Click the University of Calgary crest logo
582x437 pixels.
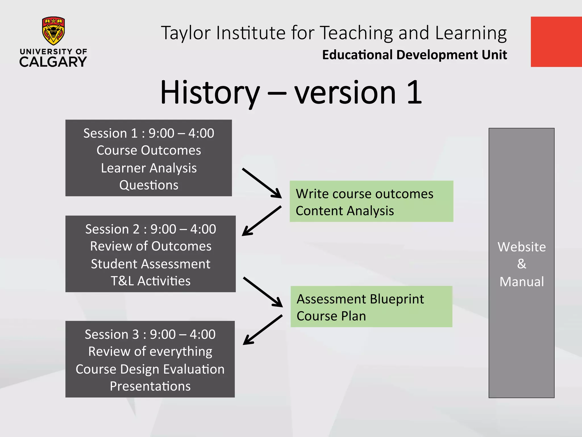pyautogui.click(x=53, y=31)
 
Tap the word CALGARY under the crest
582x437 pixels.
pyautogui.click(x=53, y=62)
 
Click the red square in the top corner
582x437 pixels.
pyautogui.click(x=556, y=42)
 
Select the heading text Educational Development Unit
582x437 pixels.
pyautogui.click(x=414, y=55)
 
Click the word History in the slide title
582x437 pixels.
pyautogui.click(x=210, y=92)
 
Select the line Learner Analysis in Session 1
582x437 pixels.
pyautogui.click(x=149, y=168)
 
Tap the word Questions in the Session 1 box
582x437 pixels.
pyautogui.click(x=149, y=185)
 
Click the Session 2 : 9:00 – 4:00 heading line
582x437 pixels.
pyautogui.click(x=151, y=229)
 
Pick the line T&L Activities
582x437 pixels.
pyautogui.click(x=151, y=281)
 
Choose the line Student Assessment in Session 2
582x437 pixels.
pyautogui.click(x=151, y=264)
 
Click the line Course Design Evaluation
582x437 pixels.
pyautogui.click(x=150, y=369)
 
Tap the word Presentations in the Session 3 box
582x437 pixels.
pyautogui.click(x=150, y=386)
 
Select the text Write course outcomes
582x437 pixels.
pyautogui.click(x=364, y=194)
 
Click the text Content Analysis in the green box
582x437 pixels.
pyautogui.click(x=345, y=211)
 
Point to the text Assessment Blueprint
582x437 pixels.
pyautogui.click(x=360, y=299)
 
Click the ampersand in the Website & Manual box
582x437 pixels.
pyautogui.click(x=521, y=264)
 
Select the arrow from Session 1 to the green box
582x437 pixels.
pyautogui.click(x=262, y=183)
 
